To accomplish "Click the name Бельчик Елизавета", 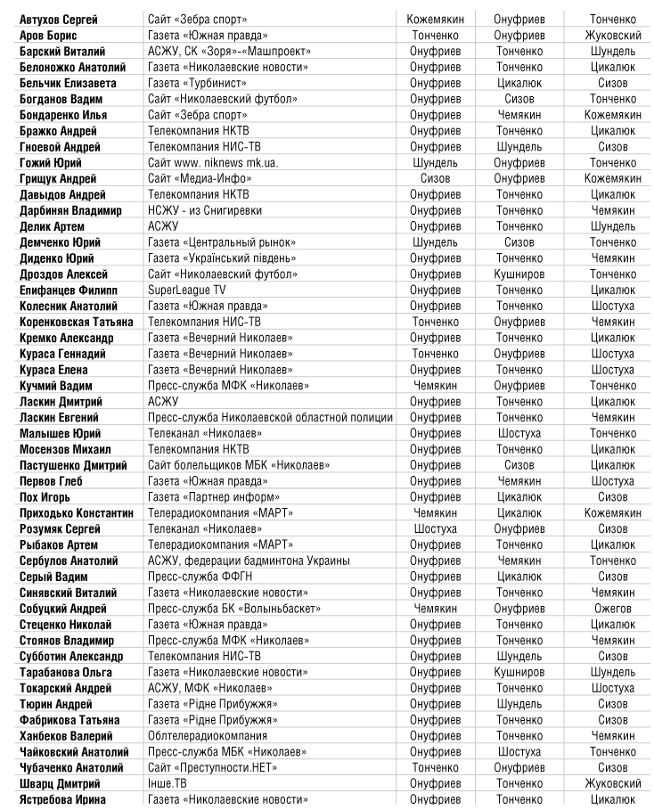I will coord(61,83).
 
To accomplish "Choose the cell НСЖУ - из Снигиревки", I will coord(204,210).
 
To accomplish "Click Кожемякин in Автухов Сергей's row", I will coord(434,20).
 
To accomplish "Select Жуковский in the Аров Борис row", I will coord(612,36).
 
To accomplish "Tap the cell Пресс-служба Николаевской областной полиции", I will coord(270,417).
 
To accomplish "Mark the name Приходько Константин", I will coord(77,513).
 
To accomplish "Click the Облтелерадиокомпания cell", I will coord(208,736).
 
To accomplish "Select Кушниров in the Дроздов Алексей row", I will coord(519,274).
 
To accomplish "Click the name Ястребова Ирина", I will coord(63,799).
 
